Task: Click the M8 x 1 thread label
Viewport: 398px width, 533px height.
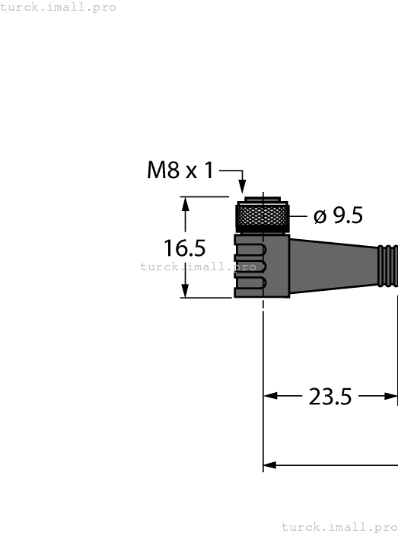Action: (180, 170)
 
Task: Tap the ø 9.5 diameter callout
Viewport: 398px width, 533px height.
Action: (338, 216)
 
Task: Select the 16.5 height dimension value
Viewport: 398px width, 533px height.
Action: (185, 248)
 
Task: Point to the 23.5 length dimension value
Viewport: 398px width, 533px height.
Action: (330, 396)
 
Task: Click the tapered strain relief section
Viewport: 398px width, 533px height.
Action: (333, 263)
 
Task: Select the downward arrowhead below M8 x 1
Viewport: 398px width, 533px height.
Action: (243, 187)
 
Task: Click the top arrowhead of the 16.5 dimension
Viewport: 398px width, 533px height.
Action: (185, 203)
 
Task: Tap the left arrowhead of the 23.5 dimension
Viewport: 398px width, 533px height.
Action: (269, 396)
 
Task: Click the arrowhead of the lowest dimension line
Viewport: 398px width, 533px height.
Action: (269, 464)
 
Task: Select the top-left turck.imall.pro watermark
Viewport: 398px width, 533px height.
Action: (59, 7)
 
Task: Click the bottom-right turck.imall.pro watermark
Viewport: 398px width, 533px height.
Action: (339, 526)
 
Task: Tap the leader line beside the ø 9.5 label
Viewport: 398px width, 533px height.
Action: (300, 216)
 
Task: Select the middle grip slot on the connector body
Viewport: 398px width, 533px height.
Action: (251, 266)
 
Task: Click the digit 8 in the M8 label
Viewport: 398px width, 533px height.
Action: (174, 170)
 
